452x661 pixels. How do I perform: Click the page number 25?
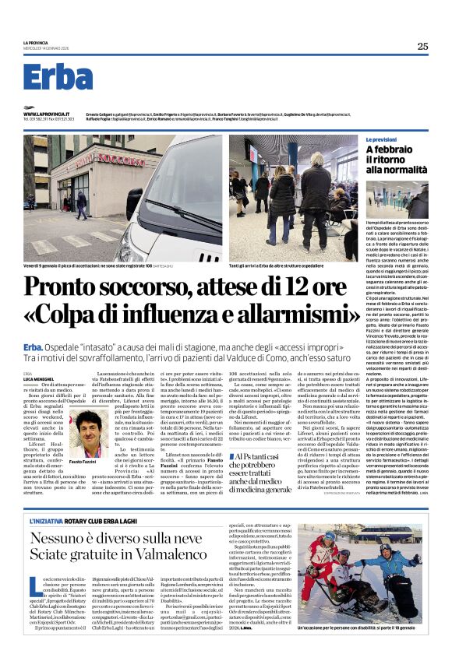(422, 46)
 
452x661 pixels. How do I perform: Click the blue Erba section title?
(58, 77)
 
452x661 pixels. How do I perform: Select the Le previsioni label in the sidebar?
(386, 139)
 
